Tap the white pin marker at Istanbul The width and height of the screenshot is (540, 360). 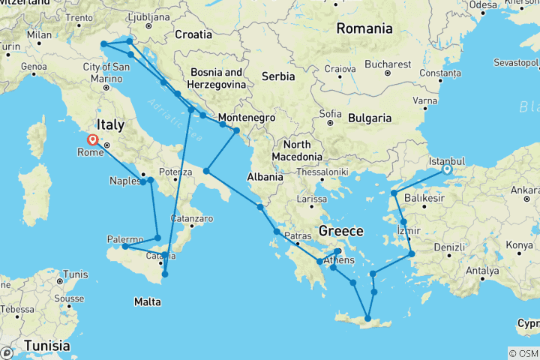coord(447,169)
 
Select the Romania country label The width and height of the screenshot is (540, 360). coord(364,29)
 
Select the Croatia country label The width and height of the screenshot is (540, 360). coord(193,34)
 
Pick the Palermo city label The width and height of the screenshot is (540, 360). coord(124,239)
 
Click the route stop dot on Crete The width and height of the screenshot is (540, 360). coord(367,319)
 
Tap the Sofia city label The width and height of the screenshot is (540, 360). coord(331,115)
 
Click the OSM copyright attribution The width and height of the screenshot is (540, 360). coord(523,353)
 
